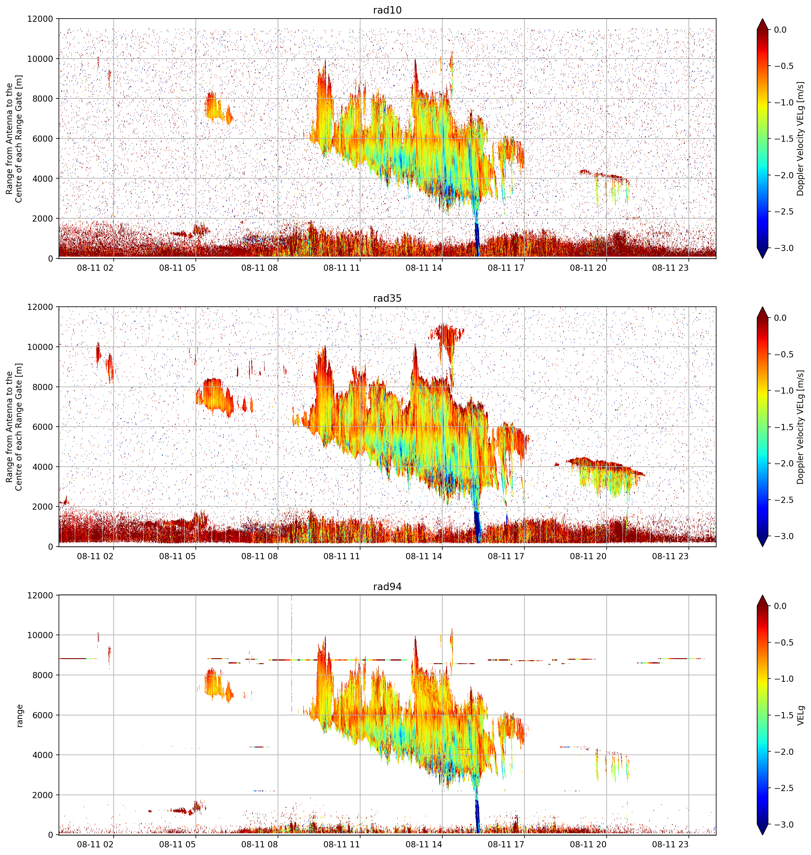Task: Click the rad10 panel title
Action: point(387,10)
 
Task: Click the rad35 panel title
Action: point(387,298)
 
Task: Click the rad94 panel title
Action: point(387,586)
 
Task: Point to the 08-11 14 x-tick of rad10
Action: point(424,268)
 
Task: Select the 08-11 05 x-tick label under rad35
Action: point(177,556)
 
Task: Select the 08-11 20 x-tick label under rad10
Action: point(588,268)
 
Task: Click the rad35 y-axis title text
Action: point(14,427)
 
